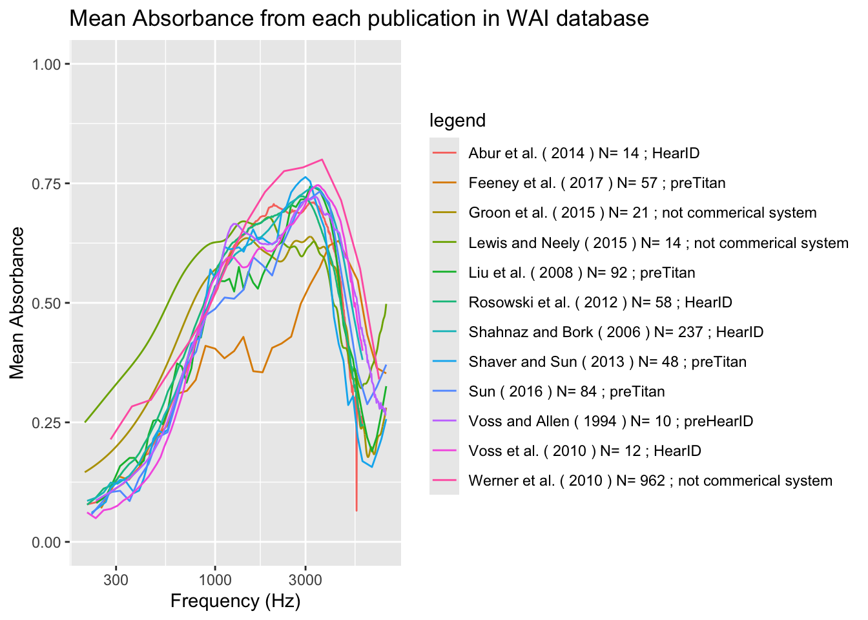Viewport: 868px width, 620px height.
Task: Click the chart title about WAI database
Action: (x=358, y=18)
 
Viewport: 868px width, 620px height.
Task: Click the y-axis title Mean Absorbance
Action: (x=17, y=303)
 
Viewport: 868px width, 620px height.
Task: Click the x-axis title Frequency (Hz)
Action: (x=235, y=601)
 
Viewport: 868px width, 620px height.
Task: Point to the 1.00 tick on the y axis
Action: (x=46, y=64)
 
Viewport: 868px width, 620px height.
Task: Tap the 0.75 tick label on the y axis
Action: (x=46, y=183)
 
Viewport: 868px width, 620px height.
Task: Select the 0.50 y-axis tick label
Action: (x=46, y=303)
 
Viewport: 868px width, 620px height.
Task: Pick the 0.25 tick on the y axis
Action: (x=46, y=422)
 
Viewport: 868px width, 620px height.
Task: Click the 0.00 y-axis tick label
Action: (x=46, y=542)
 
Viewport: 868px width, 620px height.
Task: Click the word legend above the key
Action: (x=457, y=121)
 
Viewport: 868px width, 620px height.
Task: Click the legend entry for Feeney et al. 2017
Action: (x=597, y=183)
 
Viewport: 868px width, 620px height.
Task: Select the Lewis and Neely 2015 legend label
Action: (x=658, y=243)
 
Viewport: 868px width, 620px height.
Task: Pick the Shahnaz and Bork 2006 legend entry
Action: (x=615, y=332)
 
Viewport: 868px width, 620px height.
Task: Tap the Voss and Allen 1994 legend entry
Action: (x=610, y=421)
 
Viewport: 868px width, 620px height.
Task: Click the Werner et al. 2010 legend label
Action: (x=650, y=480)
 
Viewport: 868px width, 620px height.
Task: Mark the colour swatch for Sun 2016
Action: (x=444, y=391)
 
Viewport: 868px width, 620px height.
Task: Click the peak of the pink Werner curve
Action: (x=322, y=160)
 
